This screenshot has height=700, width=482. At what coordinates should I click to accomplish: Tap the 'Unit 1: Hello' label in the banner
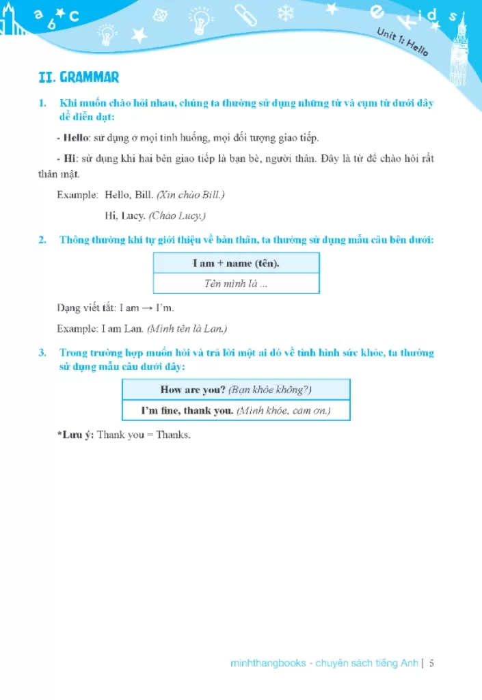coord(403,43)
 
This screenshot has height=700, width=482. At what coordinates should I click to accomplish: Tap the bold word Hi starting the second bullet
coord(70,159)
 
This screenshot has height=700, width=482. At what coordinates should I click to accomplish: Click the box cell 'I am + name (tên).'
coord(236,263)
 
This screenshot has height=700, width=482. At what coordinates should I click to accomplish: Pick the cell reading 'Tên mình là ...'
coord(236,283)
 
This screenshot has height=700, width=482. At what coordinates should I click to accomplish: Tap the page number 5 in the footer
coord(431,662)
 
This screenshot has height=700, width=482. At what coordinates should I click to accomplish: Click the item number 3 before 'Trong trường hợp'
coord(42,353)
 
